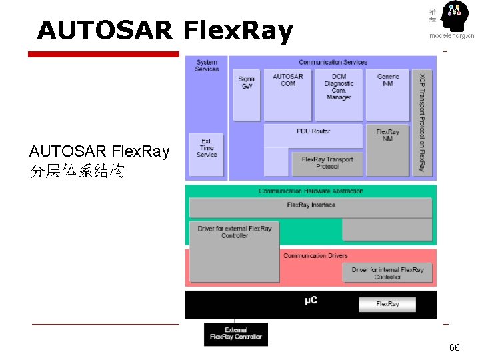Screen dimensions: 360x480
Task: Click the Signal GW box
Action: [x=247, y=94]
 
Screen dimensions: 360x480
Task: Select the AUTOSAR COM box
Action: [x=288, y=94]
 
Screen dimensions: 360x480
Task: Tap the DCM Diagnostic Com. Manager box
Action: [x=339, y=94]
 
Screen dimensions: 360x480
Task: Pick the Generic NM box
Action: [x=388, y=94]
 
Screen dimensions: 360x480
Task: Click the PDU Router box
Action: [x=313, y=132]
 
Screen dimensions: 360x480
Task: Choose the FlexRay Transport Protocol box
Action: [x=327, y=163]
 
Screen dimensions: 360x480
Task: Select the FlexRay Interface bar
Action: [x=311, y=205]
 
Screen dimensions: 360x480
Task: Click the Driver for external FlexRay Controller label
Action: [x=235, y=233]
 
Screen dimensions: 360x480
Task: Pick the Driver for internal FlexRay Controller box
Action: [x=387, y=273]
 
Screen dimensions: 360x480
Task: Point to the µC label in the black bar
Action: [x=311, y=301]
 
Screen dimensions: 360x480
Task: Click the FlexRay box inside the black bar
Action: [x=387, y=304]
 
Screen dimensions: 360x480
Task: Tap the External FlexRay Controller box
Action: [x=235, y=333]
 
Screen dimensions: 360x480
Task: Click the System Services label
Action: [x=207, y=65]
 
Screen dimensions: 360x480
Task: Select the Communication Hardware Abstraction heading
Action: [x=311, y=191]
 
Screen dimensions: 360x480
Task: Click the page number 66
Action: [x=455, y=347]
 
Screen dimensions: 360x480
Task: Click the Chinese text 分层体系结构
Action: [x=77, y=171]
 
